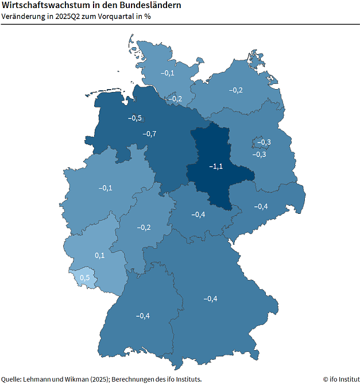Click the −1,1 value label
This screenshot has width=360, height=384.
pyautogui.click(x=215, y=166)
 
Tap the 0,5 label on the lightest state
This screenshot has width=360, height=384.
pyautogui.click(x=84, y=278)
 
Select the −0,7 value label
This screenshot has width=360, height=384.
pyautogui.click(x=149, y=134)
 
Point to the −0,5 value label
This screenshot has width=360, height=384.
pyautogui.click(x=134, y=118)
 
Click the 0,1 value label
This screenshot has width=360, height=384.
pyautogui.click(x=99, y=255)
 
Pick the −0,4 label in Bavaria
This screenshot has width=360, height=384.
pyautogui.click(x=210, y=298)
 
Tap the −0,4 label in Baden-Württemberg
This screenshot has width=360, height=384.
pyautogui.click(x=142, y=316)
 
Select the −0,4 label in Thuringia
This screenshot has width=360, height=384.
pyautogui.click(x=198, y=214)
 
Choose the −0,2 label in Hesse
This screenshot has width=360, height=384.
pyautogui.click(x=144, y=227)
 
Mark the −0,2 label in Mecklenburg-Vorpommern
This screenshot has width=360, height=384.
pyautogui.click(x=235, y=90)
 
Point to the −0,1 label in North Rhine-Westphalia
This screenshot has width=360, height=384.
pyautogui.click(x=105, y=188)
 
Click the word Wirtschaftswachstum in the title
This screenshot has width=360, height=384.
pyautogui.click(x=40, y=5)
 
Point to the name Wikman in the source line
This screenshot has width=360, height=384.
pyautogui.click(x=71, y=379)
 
